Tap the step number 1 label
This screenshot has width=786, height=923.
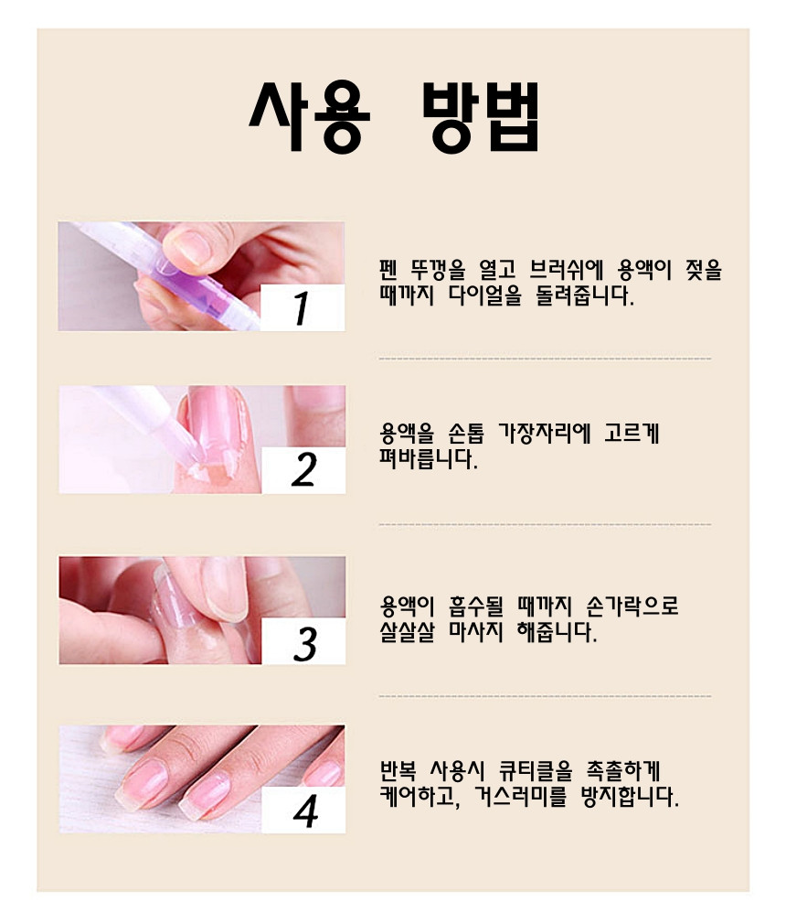[302, 307]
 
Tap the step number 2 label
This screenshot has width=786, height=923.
[303, 470]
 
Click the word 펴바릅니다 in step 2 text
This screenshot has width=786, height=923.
[429, 459]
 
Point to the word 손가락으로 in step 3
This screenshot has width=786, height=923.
[632, 606]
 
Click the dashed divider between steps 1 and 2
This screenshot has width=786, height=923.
[545, 359]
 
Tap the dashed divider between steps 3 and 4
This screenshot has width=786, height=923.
[545, 696]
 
